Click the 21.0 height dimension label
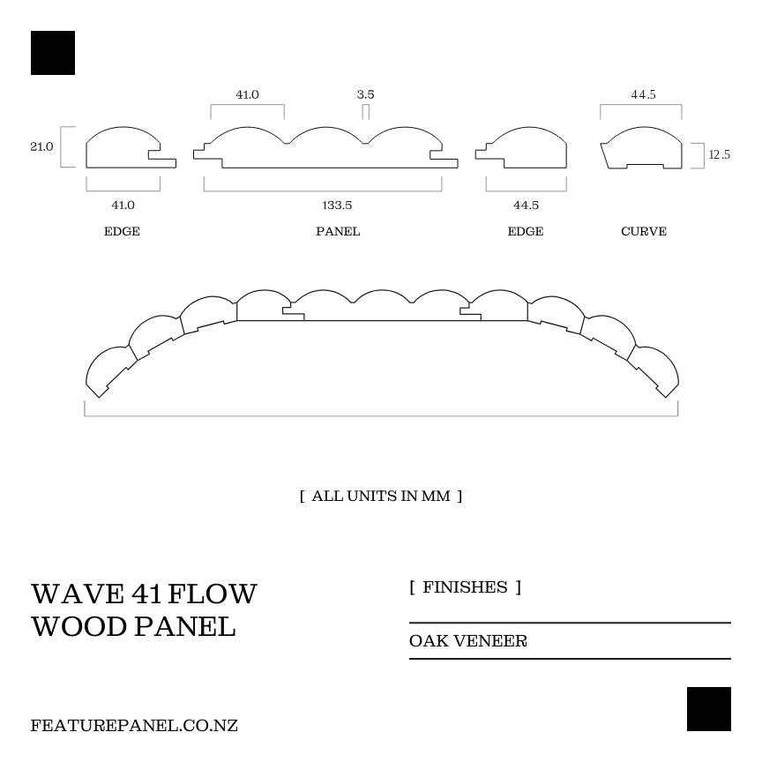41,146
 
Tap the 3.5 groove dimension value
365,94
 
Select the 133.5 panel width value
337,205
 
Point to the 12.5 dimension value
720,154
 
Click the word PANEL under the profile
338,231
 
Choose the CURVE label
644,231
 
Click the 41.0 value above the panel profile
247,94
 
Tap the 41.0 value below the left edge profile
123,205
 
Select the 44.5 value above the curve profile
644,94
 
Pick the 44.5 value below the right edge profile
526,205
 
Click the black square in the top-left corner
53,53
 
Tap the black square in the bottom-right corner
708,708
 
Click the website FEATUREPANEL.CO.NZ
134,726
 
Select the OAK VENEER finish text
468,641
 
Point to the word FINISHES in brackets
465,587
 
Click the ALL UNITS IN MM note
381,496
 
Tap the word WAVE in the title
78,594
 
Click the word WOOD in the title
79,626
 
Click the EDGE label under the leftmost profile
122,231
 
